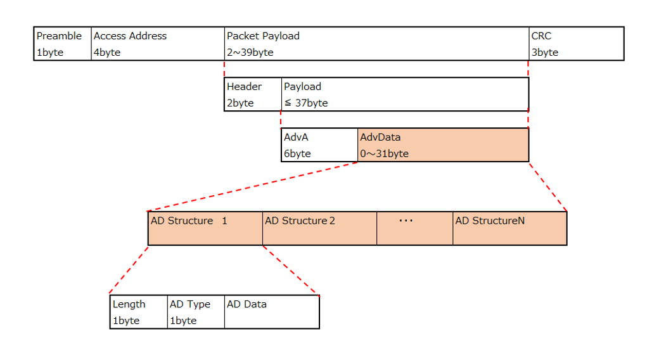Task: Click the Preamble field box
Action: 63,44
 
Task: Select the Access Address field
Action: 158,44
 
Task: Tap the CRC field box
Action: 577,44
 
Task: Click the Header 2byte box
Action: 253,94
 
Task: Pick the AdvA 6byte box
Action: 319,145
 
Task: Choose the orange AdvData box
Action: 444,145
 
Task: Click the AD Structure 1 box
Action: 205,229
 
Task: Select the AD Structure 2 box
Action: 319,229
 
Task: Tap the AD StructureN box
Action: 510,229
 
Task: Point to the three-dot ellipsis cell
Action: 414,229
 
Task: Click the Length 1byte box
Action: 139,312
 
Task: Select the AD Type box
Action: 196,312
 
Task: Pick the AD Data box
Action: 272,312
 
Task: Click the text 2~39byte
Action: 250,53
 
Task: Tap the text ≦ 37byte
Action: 306,103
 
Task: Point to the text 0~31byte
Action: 384,153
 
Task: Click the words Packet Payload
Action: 263,36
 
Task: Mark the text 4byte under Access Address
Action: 107,53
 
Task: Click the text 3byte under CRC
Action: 545,53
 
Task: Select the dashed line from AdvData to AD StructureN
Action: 548,187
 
